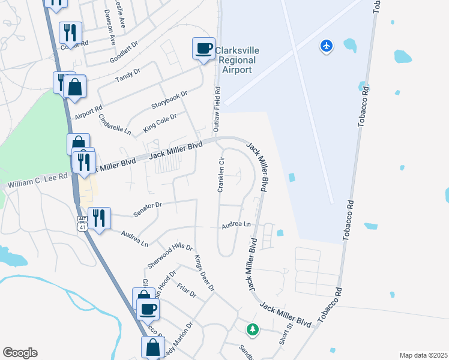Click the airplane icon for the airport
(327, 46)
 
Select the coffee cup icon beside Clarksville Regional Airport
(203, 49)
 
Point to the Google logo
(20, 353)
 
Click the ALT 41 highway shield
(81, 223)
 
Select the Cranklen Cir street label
(221, 175)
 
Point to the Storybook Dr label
(170, 100)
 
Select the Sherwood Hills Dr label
(170, 256)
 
